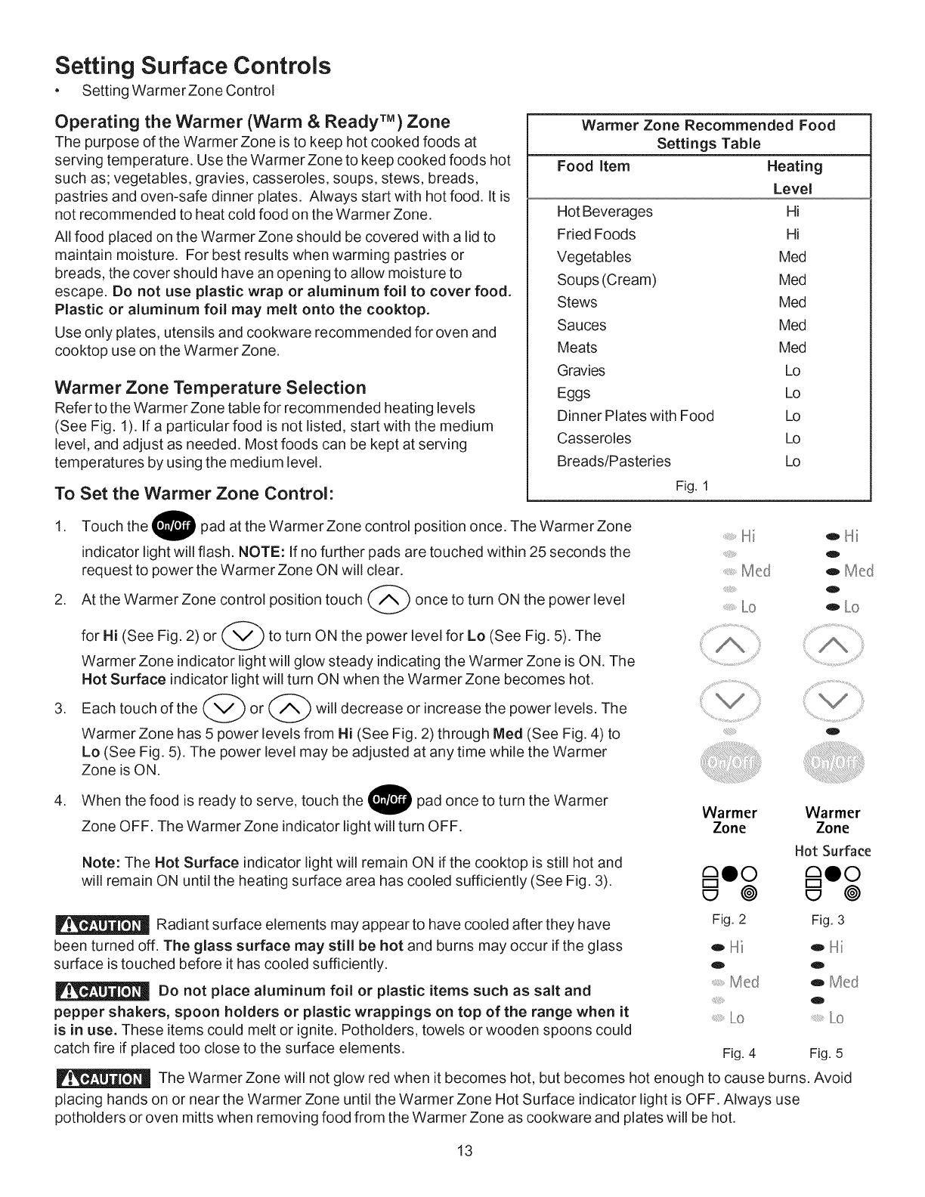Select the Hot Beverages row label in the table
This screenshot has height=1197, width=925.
[x=605, y=212]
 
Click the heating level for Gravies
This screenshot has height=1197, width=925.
[x=792, y=371]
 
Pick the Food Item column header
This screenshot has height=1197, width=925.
[x=593, y=166]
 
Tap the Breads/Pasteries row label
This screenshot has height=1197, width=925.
[x=614, y=461]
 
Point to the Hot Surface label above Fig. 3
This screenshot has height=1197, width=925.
[x=833, y=852]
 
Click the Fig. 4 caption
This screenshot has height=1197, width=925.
[x=739, y=1053]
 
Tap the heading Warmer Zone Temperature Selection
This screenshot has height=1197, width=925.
[x=210, y=388]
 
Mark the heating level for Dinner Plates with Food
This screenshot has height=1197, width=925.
[x=792, y=416]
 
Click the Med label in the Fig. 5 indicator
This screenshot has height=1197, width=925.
[x=843, y=982]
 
